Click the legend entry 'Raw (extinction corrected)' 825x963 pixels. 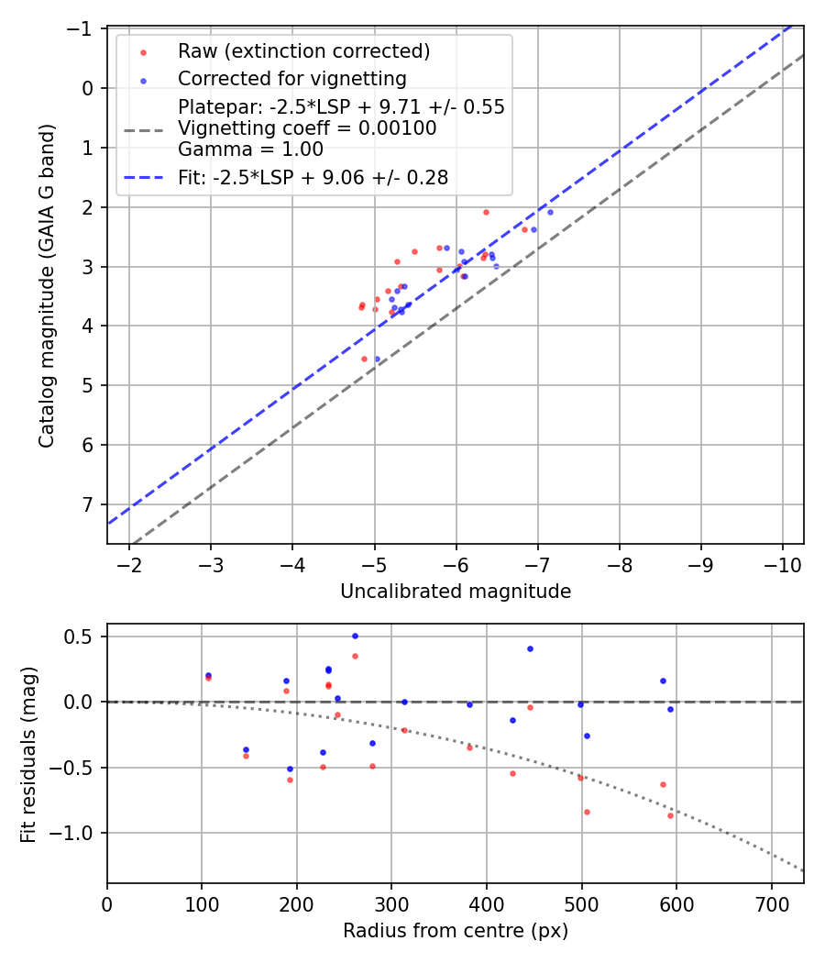coord(303,50)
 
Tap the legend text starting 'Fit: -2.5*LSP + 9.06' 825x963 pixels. coord(313,178)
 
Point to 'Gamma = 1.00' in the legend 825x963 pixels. coord(250,149)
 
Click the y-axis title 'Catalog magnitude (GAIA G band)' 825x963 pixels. coord(47,286)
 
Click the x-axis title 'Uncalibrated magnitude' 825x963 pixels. coord(456,592)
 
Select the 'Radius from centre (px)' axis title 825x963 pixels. coord(456,931)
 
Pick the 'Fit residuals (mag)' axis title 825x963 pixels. coord(28,753)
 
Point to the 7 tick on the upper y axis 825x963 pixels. coord(89,504)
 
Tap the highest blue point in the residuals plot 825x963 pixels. coord(355,636)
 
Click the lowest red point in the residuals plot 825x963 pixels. coord(670,815)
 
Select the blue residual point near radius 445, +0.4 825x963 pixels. coord(530,648)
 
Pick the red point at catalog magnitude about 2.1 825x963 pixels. coord(486,212)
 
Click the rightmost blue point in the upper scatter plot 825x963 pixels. coord(550,212)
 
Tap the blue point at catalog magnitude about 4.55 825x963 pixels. coord(377,359)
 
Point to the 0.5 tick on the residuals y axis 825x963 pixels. coord(85,636)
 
